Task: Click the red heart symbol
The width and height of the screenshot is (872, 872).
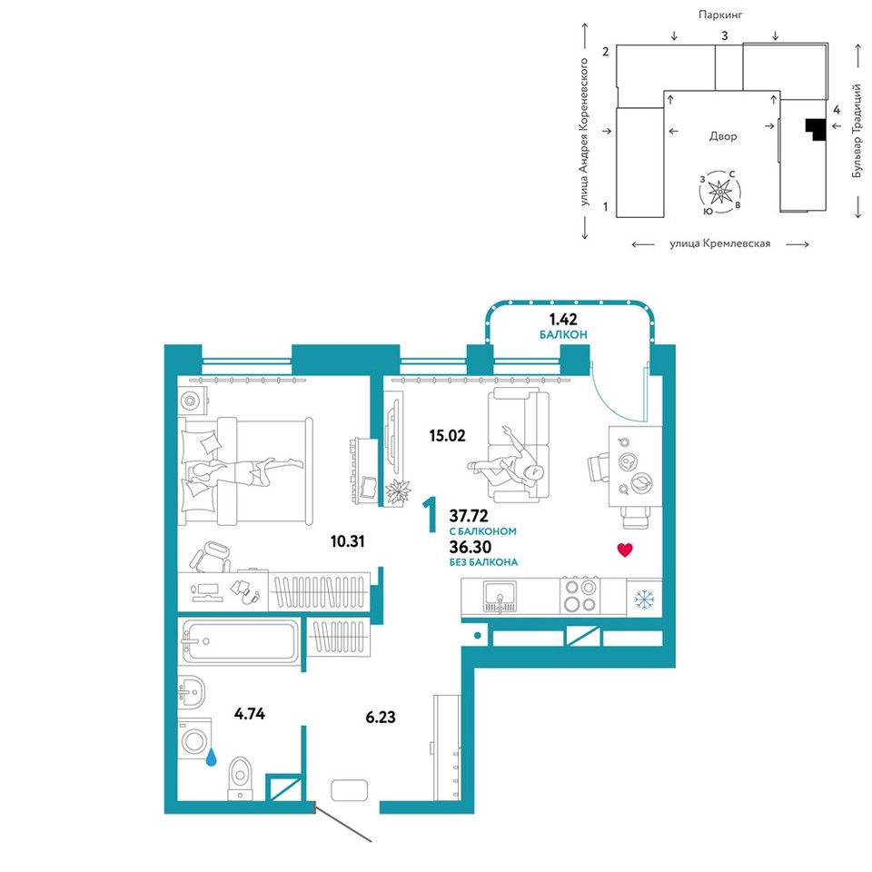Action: pyautogui.click(x=625, y=550)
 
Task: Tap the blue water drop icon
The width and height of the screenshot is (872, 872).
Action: pyautogui.click(x=212, y=757)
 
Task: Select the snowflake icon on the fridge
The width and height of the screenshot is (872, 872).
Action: pyautogui.click(x=645, y=599)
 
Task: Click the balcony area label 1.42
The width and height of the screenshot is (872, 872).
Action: pyautogui.click(x=563, y=319)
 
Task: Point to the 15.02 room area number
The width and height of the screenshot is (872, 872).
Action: pyautogui.click(x=447, y=435)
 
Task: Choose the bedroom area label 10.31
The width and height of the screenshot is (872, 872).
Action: pyautogui.click(x=348, y=541)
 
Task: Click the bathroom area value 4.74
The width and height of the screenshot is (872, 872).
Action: pyautogui.click(x=250, y=714)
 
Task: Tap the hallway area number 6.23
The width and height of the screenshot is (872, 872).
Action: pyautogui.click(x=381, y=717)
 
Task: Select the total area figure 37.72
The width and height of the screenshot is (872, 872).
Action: pyautogui.click(x=469, y=516)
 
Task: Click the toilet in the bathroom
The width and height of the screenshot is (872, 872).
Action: pyautogui.click(x=240, y=778)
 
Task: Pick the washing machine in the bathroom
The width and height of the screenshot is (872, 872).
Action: pyautogui.click(x=194, y=740)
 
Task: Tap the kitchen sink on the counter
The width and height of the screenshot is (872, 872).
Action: pyautogui.click(x=500, y=597)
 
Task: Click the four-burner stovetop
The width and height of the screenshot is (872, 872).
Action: pyautogui.click(x=580, y=595)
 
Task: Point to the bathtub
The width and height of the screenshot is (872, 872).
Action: pyautogui.click(x=240, y=641)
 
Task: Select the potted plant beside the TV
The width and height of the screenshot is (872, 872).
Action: pyautogui.click(x=398, y=491)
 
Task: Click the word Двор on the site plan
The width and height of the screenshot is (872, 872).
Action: pyautogui.click(x=723, y=136)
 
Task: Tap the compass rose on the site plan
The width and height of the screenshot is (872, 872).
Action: pyautogui.click(x=720, y=193)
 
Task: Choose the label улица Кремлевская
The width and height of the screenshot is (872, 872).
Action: pyautogui.click(x=720, y=243)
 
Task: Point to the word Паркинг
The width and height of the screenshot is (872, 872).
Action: pyautogui.click(x=720, y=15)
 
